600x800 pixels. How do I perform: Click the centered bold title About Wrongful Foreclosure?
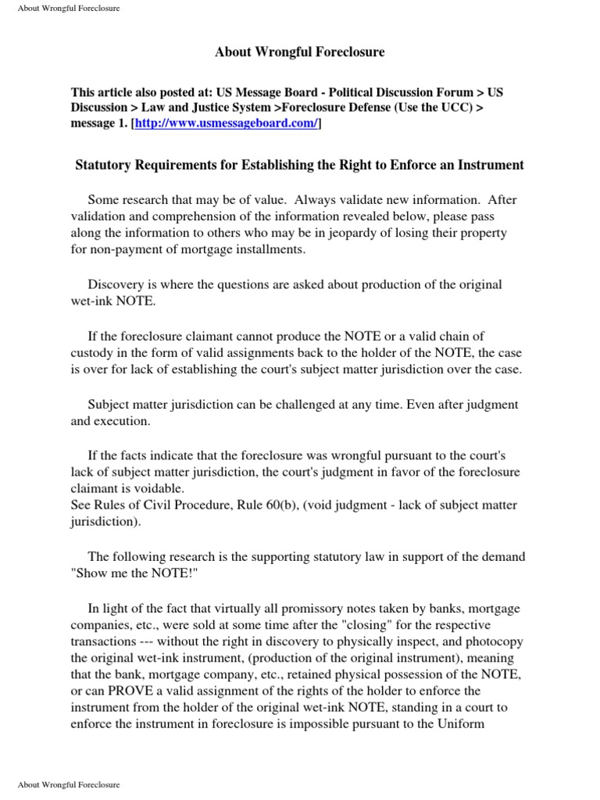click(300, 52)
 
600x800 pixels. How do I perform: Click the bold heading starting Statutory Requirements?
click(299, 165)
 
